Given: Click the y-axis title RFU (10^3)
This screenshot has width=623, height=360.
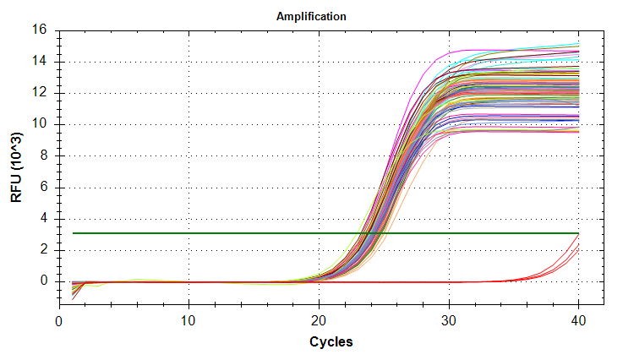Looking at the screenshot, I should click(x=17, y=166).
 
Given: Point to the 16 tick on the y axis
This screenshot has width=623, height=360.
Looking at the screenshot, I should click(x=41, y=30).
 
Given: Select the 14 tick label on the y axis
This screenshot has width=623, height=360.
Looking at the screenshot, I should click(x=41, y=62).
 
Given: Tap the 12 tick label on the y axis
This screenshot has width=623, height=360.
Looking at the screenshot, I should click(x=41, y=93).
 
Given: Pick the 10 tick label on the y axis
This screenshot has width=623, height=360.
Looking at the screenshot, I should click(x=41, y=124).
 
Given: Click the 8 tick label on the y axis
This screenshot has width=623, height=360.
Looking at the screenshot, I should click(x=45, y=155).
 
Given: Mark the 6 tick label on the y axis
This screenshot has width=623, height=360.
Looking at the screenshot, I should click(x=45, y=187).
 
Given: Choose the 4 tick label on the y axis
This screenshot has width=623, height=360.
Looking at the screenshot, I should click(x=45, y=218).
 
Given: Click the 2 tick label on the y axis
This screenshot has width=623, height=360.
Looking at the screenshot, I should click(x=45, y=249).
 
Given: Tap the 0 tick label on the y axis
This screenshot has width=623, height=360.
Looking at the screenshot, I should click(x=45, y=281).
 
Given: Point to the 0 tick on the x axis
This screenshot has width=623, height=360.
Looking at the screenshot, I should click(x=59, y=321).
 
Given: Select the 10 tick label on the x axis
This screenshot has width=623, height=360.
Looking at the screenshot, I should click(x=189, y=321).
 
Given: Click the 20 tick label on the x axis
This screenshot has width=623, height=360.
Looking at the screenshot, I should click(x=320, y=321).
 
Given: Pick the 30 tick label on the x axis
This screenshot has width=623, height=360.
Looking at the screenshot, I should click(x=449, y=321).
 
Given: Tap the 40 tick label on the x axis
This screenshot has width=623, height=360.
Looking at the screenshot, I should click(x=579, y=321).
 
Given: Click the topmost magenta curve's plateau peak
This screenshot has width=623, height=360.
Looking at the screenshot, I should click(x=461, y=50).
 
